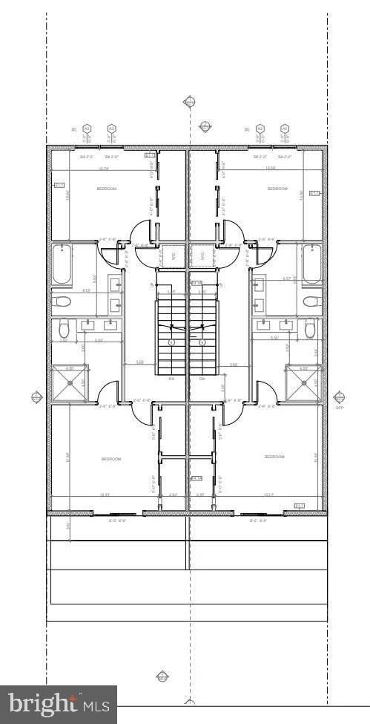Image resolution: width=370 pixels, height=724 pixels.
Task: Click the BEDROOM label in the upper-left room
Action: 106,189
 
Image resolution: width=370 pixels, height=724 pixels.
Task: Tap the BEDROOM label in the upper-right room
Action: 277,189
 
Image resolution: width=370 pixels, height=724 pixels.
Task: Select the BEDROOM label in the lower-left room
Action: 111,459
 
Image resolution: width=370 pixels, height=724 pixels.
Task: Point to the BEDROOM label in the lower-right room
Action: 274,457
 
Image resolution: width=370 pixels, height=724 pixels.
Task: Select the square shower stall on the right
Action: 304,383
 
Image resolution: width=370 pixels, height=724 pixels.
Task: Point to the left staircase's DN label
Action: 171,379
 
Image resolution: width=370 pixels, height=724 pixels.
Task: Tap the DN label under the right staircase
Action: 202,379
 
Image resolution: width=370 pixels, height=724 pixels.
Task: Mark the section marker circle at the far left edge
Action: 37,398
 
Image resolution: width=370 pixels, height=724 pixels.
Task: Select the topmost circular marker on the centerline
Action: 190,101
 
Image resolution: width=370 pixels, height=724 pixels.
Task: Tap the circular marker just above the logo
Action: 162,676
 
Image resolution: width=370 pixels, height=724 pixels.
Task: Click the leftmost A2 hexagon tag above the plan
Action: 87,128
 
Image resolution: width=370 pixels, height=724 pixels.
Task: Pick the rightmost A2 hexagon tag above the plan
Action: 284,128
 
